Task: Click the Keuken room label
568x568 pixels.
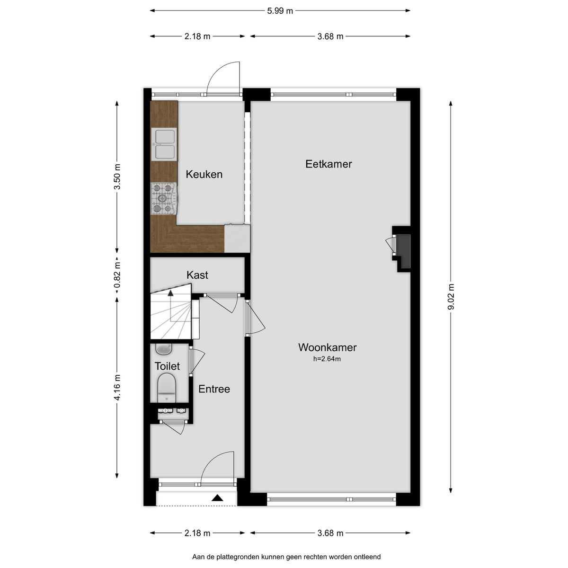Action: (x=204, y=174)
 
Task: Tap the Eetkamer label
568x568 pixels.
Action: (x=328, y=164)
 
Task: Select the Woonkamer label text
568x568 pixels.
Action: (x=327, y=347)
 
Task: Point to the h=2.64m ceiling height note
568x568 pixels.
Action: (x=327, y=359)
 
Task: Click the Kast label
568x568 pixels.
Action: (x=197, y=275)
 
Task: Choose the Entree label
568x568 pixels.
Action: (x=214, y=389)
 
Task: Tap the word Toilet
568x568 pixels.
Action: (x=167, y=366)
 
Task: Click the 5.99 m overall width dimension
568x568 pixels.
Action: (x=280, y=11)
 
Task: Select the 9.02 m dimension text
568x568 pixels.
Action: (x=451, y=297)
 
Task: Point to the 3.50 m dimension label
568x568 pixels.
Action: (x=117, y=177)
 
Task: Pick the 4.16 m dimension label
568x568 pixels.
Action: (x=117, y=388)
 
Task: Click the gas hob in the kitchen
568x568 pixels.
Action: (x=164, y=198)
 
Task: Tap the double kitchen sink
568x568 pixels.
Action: (x=164, y=144)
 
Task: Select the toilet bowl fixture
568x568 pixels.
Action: (x=167, y=388)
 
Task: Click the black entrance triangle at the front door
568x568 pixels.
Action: (x=218, y=498)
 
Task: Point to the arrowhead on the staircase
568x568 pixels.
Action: (x=170, y=293)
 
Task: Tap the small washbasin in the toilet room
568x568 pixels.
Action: (x=164, y=349)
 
